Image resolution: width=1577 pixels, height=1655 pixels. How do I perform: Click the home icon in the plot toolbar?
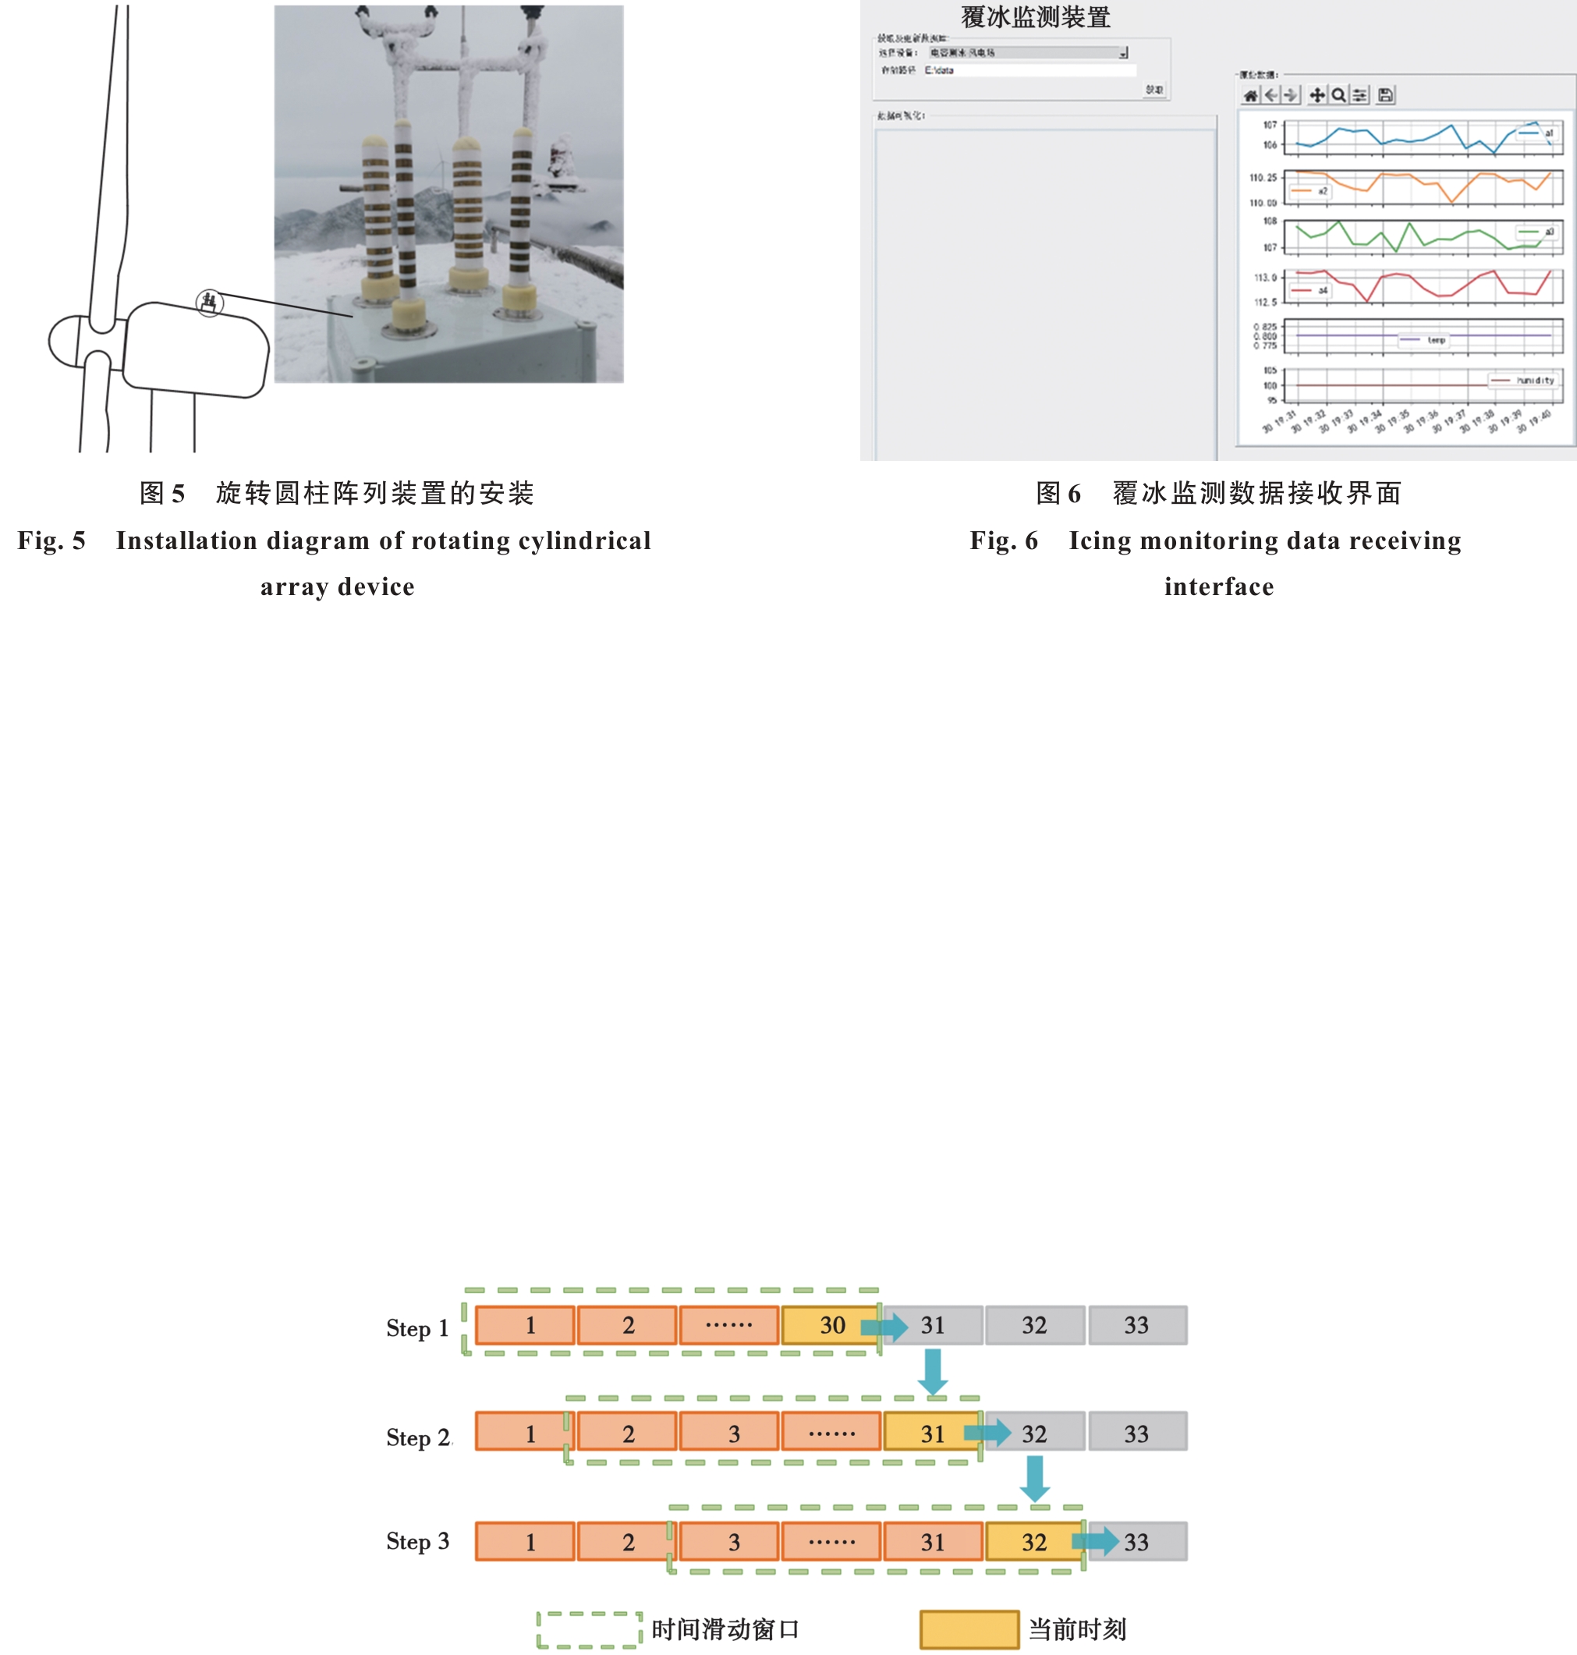tap(1251, 96)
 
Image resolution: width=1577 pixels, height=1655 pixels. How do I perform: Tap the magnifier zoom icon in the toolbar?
tap(1338, 96)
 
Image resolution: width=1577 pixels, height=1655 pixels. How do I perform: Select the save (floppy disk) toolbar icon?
tap(1385, 96)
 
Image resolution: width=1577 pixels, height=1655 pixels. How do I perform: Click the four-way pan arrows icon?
tap(1317, 96)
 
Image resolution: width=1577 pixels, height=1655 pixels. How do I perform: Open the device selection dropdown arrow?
tap(1123, 53)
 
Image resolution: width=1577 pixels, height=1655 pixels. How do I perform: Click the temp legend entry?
tap(1424, 340)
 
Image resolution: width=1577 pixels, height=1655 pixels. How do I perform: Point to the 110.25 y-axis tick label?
tap(1263, 178)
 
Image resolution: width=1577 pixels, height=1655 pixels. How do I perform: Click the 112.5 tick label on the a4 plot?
tap(1265, 303)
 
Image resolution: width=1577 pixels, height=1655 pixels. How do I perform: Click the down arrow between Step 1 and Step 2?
tap(932, 1370)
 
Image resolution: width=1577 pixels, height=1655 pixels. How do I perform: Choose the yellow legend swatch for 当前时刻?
tap(969, 1630)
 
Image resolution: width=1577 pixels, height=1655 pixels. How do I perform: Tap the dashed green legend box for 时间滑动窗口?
tap(588, 1630)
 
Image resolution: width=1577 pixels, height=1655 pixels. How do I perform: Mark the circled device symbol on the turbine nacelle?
tap(209, 302)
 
